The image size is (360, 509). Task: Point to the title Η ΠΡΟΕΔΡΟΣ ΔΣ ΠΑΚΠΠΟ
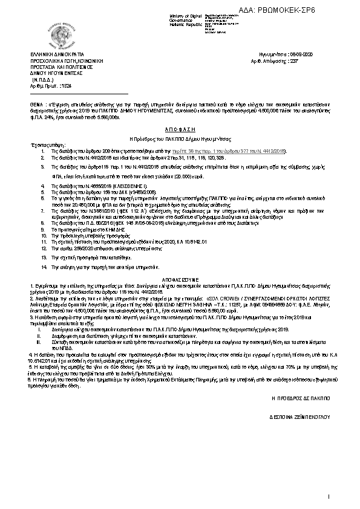(301, 400)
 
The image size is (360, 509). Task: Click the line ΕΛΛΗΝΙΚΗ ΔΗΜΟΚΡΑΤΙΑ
(57, 54)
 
